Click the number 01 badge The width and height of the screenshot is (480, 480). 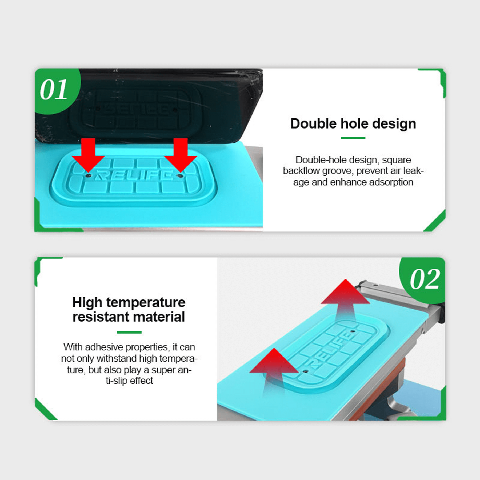53,90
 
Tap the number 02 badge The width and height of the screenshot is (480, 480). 424,279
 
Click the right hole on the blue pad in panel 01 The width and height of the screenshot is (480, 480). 181,176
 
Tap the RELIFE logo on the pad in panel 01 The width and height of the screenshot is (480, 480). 134,175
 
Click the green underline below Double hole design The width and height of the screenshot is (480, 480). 353,138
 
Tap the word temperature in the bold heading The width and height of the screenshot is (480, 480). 146,303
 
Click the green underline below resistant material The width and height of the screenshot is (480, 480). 129,332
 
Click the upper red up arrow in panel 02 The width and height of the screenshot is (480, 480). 345,296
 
